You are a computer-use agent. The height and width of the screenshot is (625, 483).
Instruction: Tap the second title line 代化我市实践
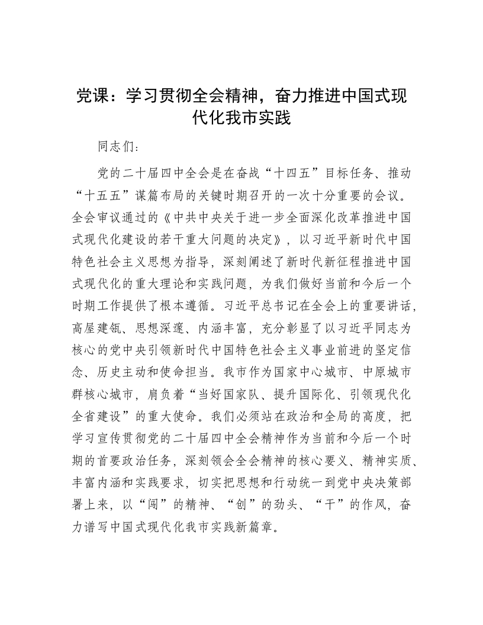[241, 118]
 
